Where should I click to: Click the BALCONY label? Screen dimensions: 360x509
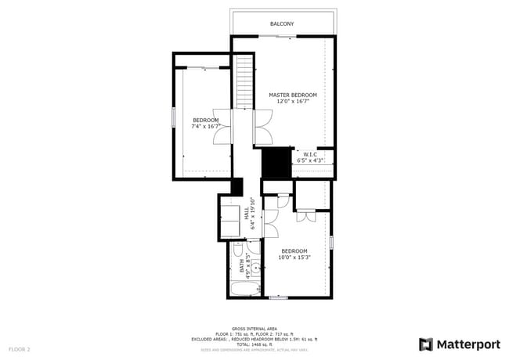pos(282,24)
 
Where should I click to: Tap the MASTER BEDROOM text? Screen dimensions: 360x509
pos(292,95)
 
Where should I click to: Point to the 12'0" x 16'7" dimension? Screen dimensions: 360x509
pos(292,101)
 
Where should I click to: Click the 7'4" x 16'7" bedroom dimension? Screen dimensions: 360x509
pos(206,126)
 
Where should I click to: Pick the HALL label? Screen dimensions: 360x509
pos(245,212)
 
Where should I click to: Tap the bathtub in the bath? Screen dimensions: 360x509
pos(244,290)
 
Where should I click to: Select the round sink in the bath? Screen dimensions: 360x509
pos(254,268)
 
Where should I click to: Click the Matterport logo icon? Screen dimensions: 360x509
pos(426,344)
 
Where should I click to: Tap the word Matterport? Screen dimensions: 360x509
pos(467,344)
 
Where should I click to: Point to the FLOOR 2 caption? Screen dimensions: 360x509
pos(20,348)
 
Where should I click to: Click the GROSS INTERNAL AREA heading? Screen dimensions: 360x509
pos(254,328)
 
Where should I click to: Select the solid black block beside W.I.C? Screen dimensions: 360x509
pos(276,163)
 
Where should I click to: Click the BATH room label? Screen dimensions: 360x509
pos(242,267)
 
